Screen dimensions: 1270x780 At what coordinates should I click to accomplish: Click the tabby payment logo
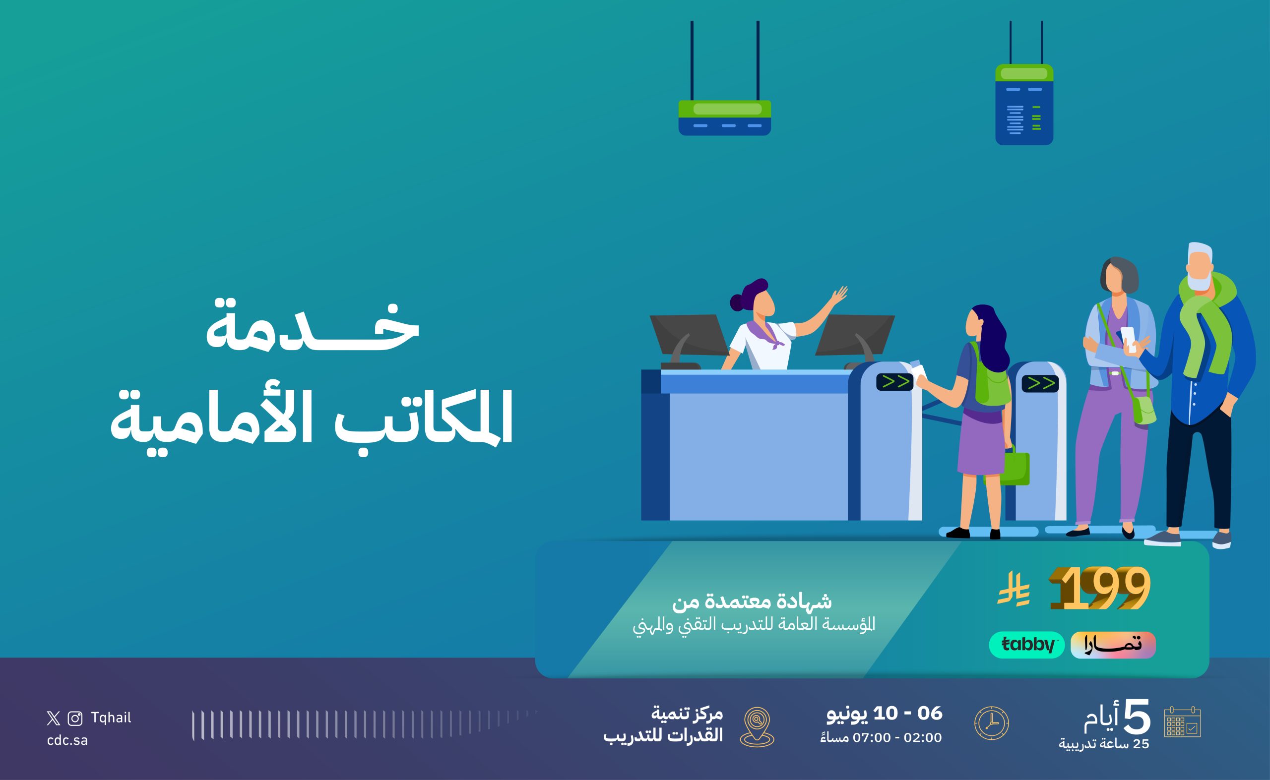(1026, 645)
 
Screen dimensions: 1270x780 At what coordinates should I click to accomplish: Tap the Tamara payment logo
(1113, 645)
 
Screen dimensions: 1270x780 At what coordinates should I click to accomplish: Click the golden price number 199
(1100, 588)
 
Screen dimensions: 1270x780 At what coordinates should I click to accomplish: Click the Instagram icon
(75, 718)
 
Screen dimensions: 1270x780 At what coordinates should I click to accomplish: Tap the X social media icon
(53, 718)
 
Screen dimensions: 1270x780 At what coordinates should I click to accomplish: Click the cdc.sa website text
(67, 740)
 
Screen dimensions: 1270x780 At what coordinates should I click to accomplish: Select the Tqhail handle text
(111, 718)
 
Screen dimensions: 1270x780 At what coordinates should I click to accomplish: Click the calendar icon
(1182, 721)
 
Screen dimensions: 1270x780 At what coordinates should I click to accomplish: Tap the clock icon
(991, 723)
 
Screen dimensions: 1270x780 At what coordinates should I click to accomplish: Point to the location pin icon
(757, 727)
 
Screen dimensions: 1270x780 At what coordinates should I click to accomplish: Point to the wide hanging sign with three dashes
(724, 118)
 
